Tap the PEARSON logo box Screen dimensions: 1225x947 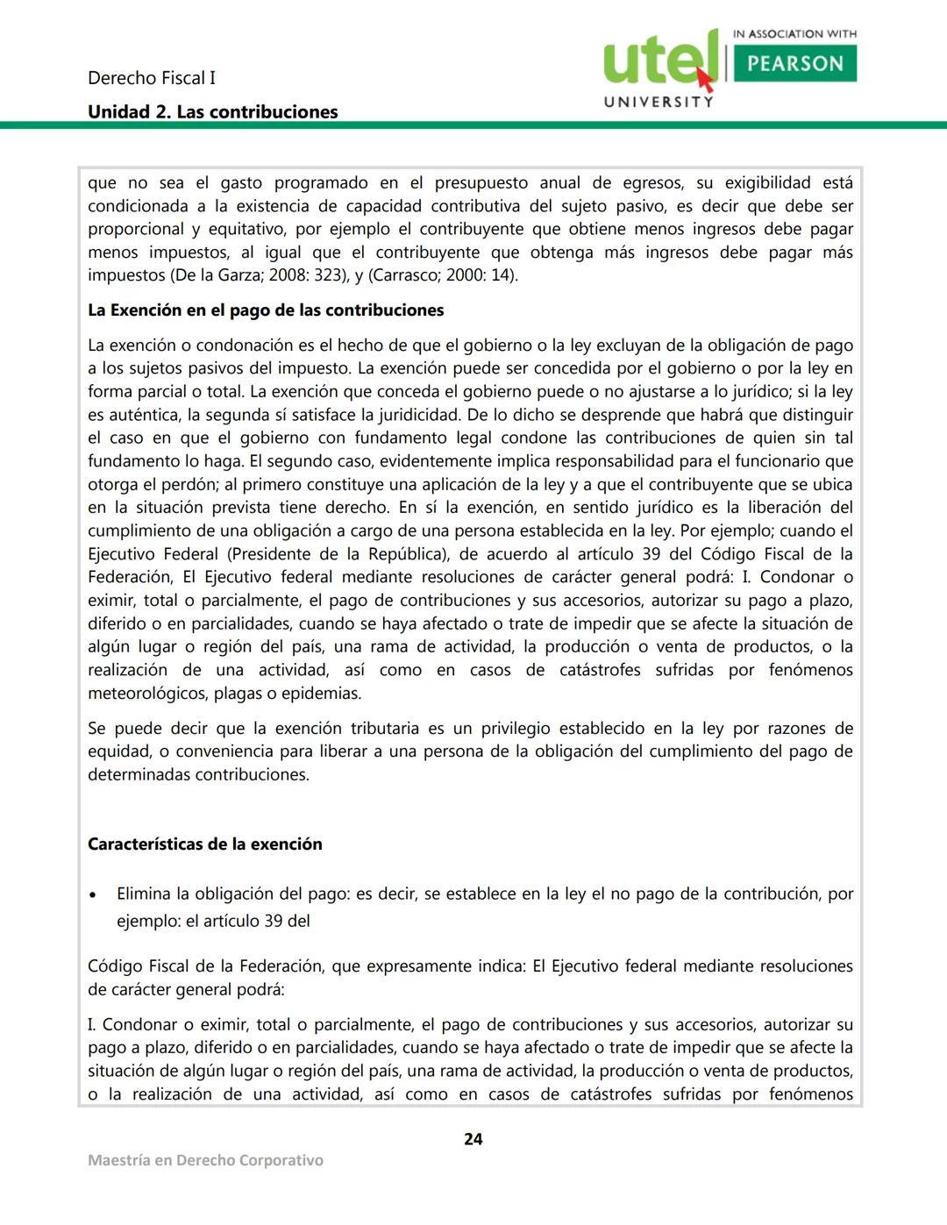[794, 64]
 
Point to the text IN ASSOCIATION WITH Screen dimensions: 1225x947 [794, 34]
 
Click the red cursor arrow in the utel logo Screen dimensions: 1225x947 [705, 78]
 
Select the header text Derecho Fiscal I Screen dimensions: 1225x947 [151, 78]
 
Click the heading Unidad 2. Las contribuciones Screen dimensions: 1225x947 [212, 112]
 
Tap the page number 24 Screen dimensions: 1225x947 [473, 1139]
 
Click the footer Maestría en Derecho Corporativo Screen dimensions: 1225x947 [205, 1160]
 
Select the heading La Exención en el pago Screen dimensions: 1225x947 [266, 310]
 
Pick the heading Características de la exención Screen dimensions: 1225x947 [204, 844]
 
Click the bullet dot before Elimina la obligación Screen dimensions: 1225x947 [93, 896]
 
